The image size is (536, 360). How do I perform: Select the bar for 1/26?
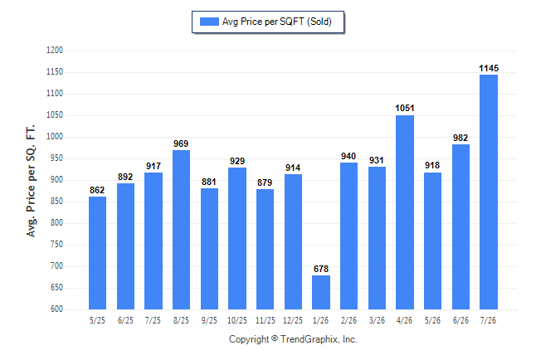tap(321, 292)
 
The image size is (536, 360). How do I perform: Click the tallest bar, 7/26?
tap(489, 192)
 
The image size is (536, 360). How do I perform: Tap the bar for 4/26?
tap(405, 212)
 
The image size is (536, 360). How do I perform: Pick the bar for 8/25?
tap(181, 230)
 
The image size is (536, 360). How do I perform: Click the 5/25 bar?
tap(97, 253)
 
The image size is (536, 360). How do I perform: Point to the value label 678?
tap(321, 269)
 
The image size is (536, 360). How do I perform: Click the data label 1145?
tap(489, 68)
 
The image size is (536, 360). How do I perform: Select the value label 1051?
tap(405, 109)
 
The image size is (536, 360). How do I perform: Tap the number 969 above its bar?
tap(181, 144)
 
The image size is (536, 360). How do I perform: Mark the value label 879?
tap(265, 183)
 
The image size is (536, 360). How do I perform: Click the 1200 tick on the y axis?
tap(55, 51)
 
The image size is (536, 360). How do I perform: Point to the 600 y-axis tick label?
tap(56, 309)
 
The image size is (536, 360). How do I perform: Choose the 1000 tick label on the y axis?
tap(55, 137)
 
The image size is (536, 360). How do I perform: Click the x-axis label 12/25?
tap(293, 321)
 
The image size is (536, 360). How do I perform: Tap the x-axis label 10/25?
tap(237, 321)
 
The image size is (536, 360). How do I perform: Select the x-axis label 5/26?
tap(433, 321)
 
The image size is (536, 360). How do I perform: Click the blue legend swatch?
tap(209, 22)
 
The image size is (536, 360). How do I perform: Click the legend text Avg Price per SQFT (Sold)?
tap(277, 22)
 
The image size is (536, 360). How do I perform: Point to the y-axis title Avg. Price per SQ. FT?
tap(31, 181)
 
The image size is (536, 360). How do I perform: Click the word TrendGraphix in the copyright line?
tap(309, 339)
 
